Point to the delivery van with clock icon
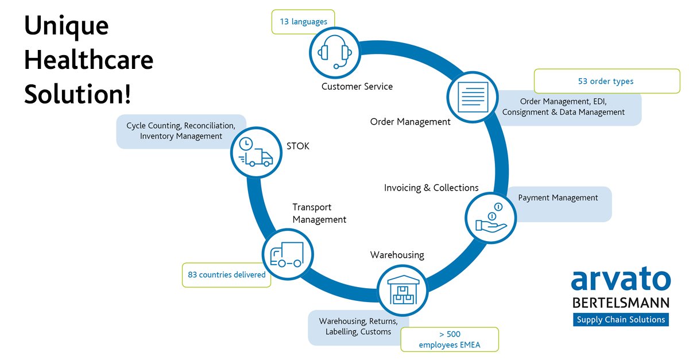point(254,152)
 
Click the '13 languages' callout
point(303,22)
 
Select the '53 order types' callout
point(606,81)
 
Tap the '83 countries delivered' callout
point(226,274)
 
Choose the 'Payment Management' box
point(558,198)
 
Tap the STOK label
point(297,146)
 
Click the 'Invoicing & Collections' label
point(431,188)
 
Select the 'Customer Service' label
point(357,87)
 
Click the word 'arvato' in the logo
point(620,281)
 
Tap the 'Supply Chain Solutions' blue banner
point(620,320)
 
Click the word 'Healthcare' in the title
point(88,60)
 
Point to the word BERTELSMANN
point(620,303)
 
